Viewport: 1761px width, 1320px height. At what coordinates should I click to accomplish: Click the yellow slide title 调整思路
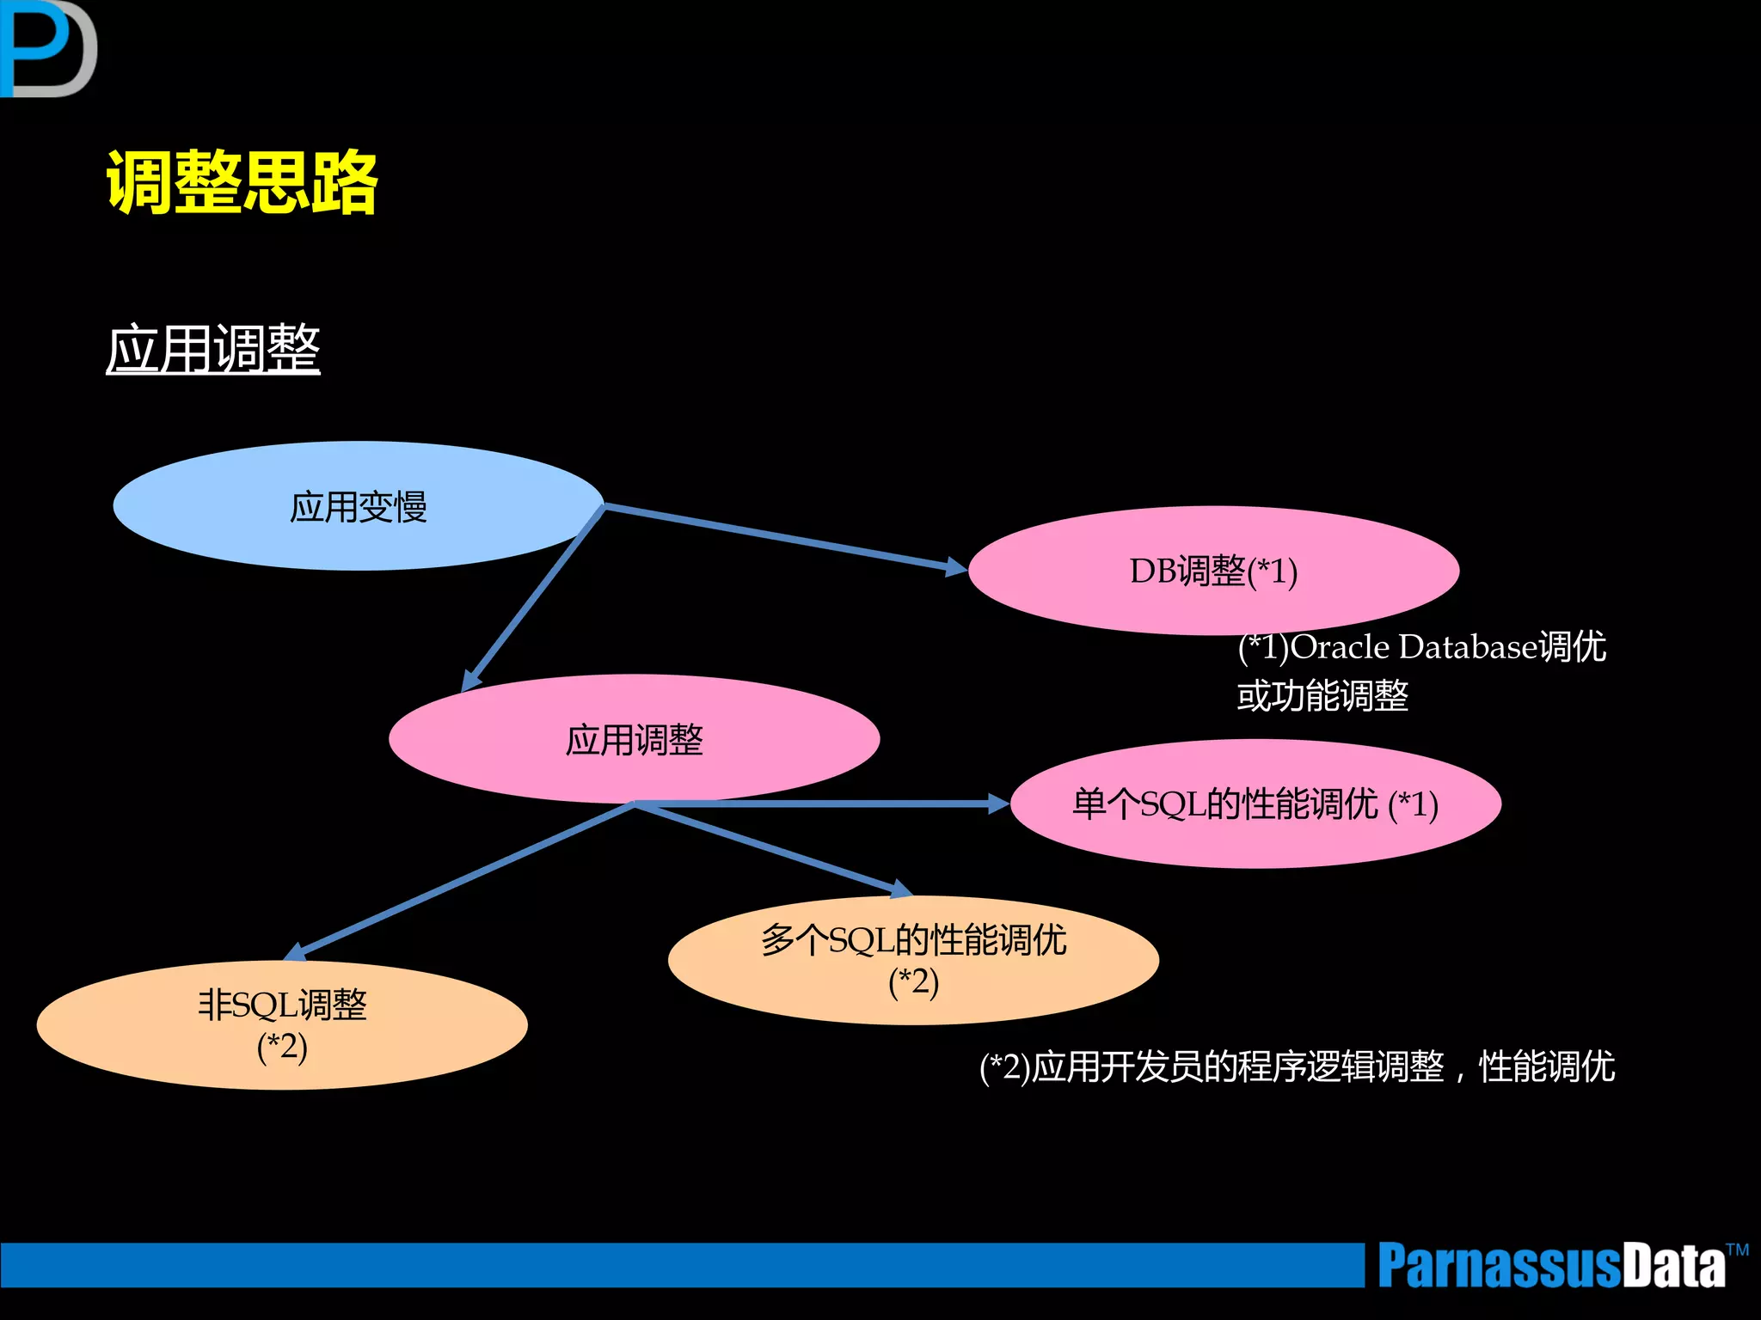pyautogui.click(x=242, y=181)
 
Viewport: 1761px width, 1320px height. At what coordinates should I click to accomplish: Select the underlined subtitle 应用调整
pyautogui.click(x=213, y=349)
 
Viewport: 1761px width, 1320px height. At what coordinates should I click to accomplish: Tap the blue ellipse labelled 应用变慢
pyautogui.click(x=358, y=506)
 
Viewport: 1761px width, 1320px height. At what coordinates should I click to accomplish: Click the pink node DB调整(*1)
pyautogui.click(x=1213, y=571)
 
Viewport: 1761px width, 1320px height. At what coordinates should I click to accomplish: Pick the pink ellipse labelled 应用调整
pyautogui.click(x=634, y=739)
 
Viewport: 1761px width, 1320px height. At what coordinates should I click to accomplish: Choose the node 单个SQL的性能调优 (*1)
pyautogui.click(x=1255, y=804)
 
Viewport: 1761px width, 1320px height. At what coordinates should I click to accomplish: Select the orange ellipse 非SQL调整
pyautogui.click(x=282, y=1025)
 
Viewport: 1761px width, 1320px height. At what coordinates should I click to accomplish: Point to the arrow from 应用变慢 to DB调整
pyautogui.click(x=782, y=538)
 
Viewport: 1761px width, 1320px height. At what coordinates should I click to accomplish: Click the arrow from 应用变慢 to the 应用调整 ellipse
pyautogui.click(x=533, y=598)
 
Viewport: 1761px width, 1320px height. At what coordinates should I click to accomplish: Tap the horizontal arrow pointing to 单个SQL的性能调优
pyautogui.click(x=825, y=804)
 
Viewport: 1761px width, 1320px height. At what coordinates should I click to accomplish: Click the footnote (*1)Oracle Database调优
pyautogui.click(x=1421, y=646)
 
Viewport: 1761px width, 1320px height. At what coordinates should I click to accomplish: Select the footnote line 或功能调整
pyautogui.click(x=1322, y=696)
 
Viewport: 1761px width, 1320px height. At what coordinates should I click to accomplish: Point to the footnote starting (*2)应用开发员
pyautogui.click(x=1297, y=1067)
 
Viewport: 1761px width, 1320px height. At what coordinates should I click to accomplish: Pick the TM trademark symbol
pyautogui.click(x=1738, y=1250)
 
